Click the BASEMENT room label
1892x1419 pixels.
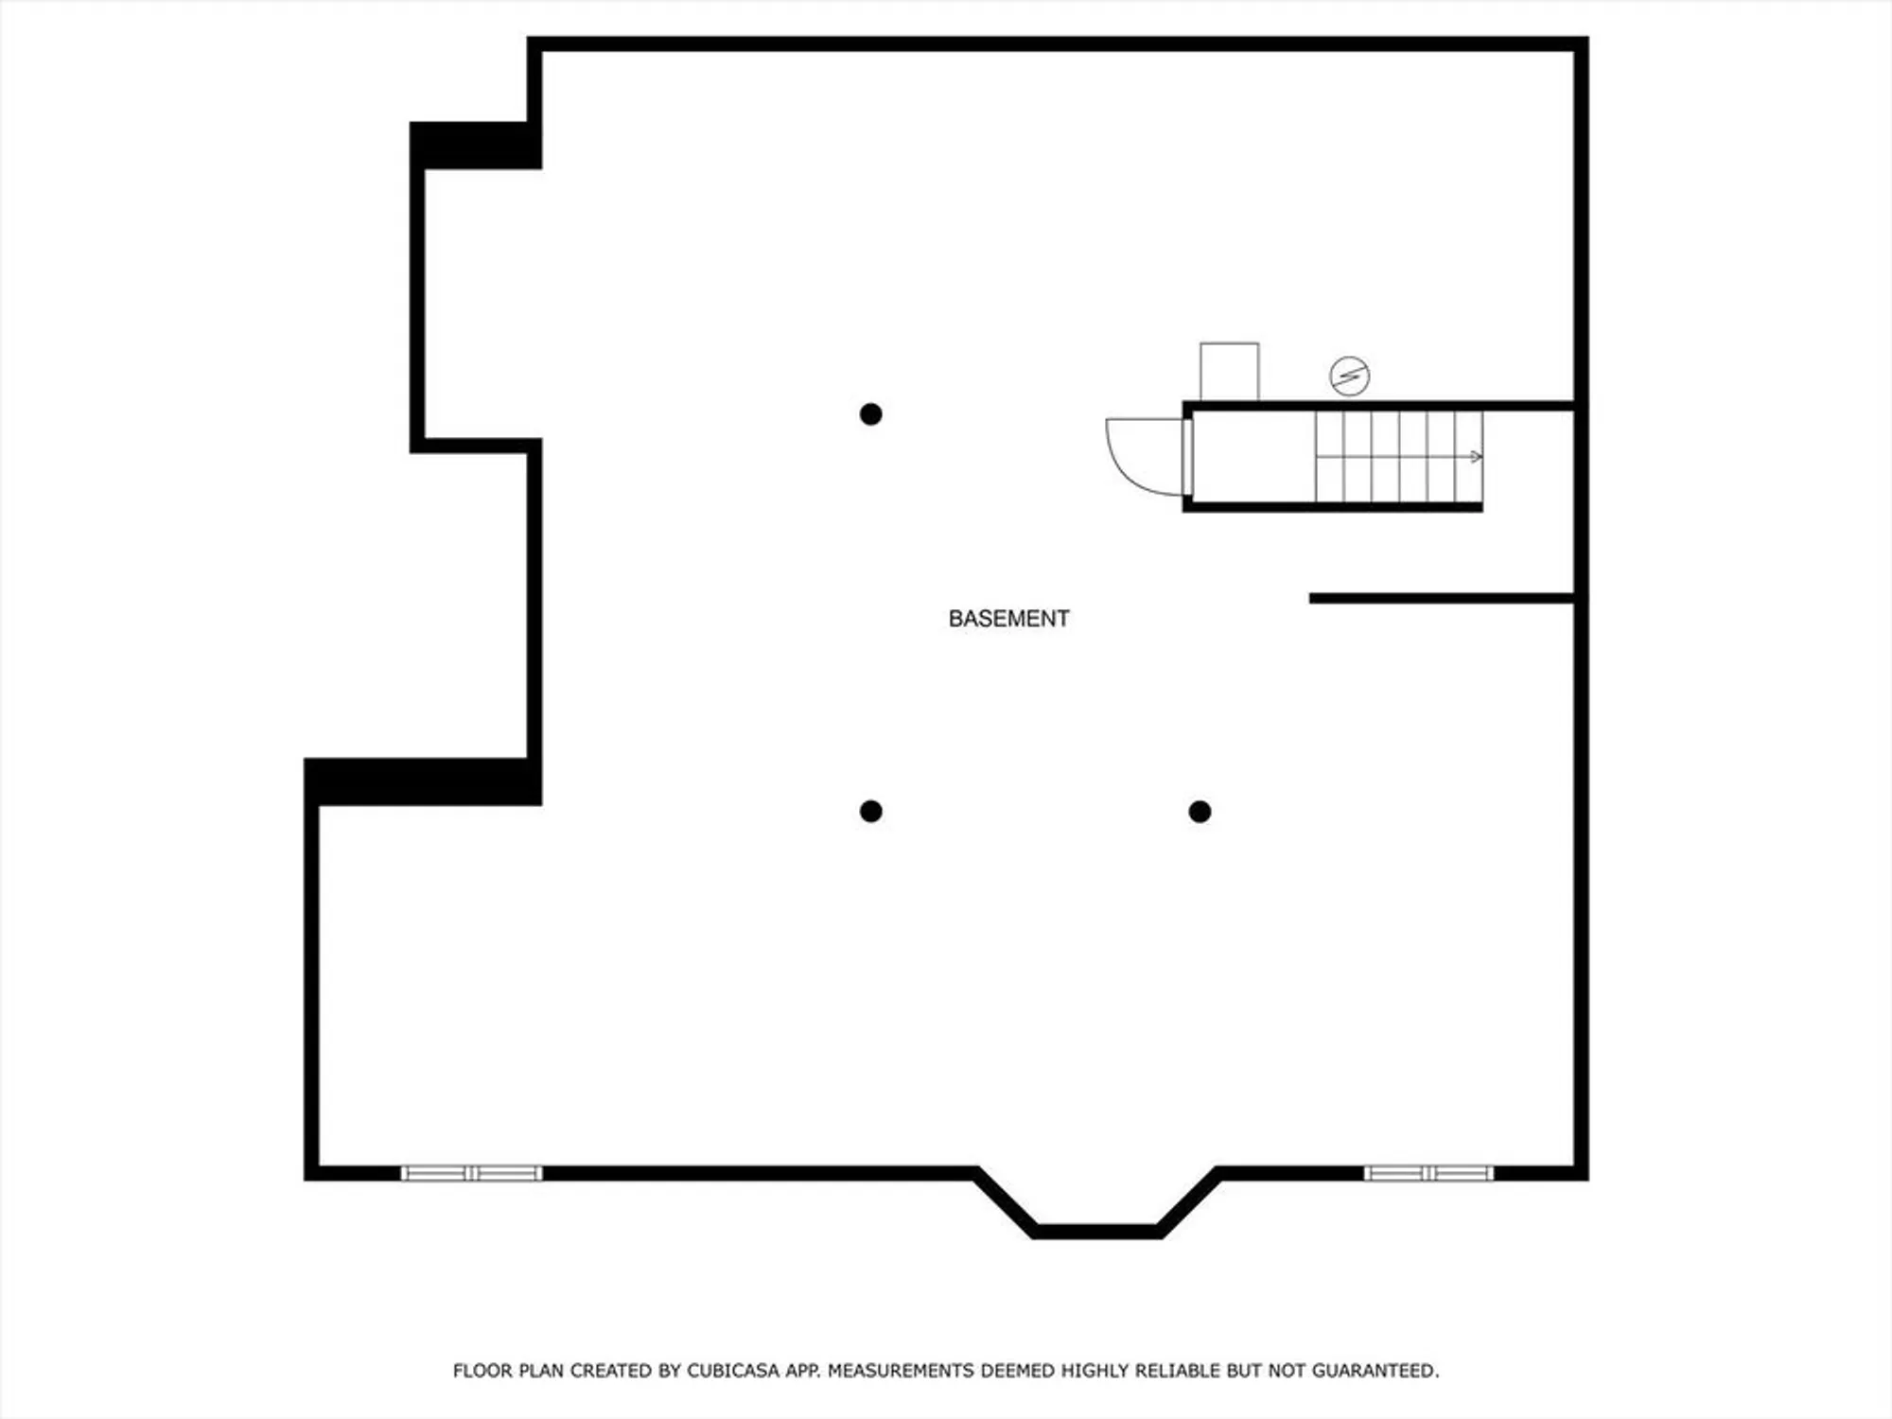[x=1008, y=619]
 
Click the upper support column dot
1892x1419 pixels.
[x=871, y=414]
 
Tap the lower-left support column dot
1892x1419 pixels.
[x=871, y=811]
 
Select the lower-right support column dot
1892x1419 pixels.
[x=1200, y=811]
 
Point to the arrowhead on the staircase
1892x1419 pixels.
[x=1476, y=457]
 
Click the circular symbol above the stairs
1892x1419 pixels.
[x=1349, y=376]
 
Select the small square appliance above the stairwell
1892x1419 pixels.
[x=1229, y=372]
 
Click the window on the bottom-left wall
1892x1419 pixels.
[x=471, y=1173]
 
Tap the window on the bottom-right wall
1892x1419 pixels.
[x=1428, y=1173]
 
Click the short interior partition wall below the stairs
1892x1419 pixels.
[x=1441, y=598]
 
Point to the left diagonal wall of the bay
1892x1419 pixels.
[x=1005, y=1201]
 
